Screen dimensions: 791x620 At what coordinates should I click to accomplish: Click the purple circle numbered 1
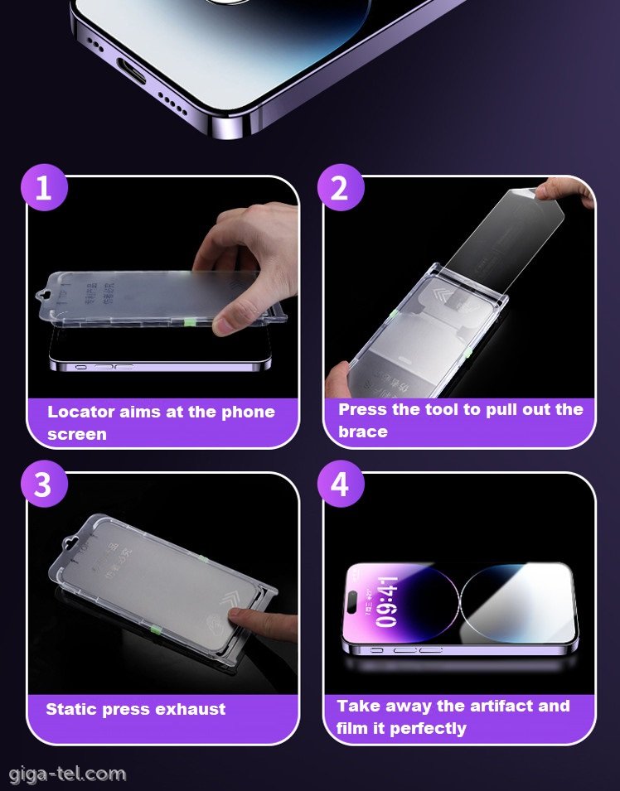[43, 188]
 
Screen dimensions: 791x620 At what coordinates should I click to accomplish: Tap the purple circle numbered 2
[340, 188]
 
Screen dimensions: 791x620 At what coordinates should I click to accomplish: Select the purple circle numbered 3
[43, 485]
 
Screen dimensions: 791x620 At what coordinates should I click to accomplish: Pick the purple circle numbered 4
[340, 485]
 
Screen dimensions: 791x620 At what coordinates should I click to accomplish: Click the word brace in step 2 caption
[362, 432]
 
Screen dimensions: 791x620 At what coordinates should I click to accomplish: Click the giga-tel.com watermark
[67, 774]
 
